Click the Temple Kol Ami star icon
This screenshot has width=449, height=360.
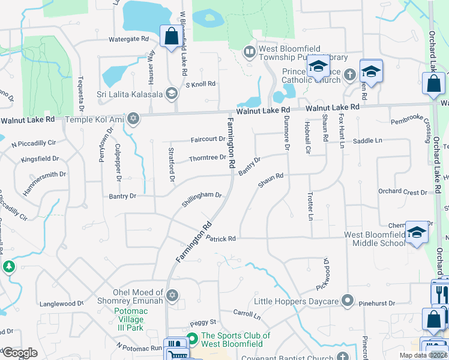click(x=133, y=119)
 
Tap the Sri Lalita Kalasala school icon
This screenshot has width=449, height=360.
click(x=172, y=93)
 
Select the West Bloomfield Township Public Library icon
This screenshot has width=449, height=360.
click(x=249, y=52)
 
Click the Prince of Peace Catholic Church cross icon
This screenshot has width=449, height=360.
click(x=349, y=75)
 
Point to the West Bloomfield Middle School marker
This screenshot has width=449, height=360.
click(x=416, y=232)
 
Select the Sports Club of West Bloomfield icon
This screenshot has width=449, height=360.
click(x=192, y=340)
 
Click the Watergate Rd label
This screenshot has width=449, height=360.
click(x=128, y=39)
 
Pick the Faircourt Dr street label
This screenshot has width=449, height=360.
click(x=208, y=139)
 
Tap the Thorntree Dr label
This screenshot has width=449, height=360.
click(x=207, y=158)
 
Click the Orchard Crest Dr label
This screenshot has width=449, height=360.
click(x=402, y=192)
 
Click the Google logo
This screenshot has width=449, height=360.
click(x=20, y=353)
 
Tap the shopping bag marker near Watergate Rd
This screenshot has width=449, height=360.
click(x=170, y=36)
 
